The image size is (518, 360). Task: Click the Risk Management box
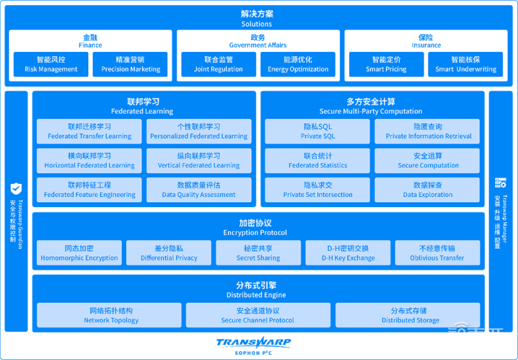coord(51,64)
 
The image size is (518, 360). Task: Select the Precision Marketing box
coord(131,64)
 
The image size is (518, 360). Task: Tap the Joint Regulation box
coord(218,64)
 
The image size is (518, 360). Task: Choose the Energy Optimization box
coord(298,64)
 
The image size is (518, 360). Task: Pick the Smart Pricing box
coord(386,64)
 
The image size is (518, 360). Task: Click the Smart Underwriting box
coord(466,64)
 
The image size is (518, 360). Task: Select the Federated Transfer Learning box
coord(89,131)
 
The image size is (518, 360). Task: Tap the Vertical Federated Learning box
coord(199,161)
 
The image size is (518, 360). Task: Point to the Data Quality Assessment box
coord(199,190)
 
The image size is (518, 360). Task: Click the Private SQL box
coord(318,131)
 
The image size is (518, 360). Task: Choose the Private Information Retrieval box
coord(428,131)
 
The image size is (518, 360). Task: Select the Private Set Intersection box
coord(318,190)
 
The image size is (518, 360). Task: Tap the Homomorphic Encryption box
coord(79,253)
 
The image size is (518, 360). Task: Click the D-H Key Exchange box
coord(348,253)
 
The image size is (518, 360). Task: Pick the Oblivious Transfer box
coord(437,253)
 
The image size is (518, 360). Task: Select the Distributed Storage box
coord(408,315)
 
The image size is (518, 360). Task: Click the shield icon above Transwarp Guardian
coord(16,188)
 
